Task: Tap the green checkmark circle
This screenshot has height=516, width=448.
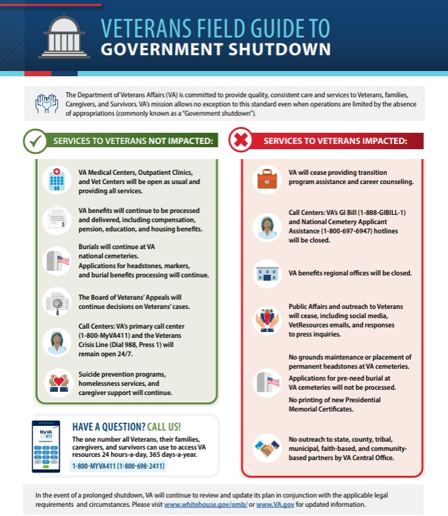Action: [35, 141]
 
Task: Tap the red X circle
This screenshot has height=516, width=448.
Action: [241, 141]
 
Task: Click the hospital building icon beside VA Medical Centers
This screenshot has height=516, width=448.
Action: [56, 179]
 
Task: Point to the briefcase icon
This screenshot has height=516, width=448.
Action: [266, 178]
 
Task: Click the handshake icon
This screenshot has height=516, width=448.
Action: [266, 450]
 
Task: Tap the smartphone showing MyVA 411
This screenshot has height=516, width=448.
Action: [45, 447]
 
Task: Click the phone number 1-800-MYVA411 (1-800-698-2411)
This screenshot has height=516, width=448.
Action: [118, 466]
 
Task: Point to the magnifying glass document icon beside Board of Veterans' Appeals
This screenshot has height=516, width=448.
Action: [56, 302]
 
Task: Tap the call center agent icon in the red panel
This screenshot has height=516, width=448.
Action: [266, 227]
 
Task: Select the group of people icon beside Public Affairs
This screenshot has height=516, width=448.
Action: [266, 319]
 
